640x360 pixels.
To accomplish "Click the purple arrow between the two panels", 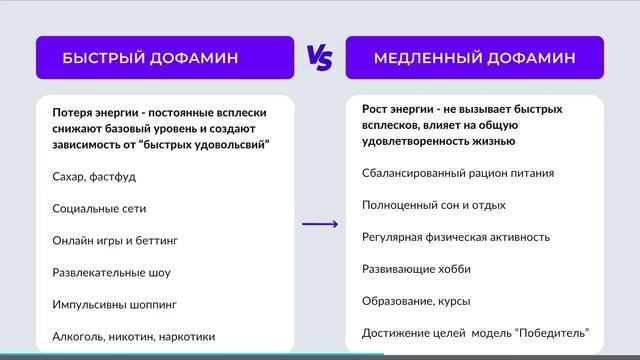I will pyautogui.click(x=320, y=224).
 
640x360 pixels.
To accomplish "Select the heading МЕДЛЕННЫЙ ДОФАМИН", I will pyautogui.click(x=474, y=58).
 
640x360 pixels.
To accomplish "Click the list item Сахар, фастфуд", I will pyautogui.click(x=94, y=176).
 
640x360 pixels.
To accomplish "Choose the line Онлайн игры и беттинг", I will pyautogui.click(x=115, y=240).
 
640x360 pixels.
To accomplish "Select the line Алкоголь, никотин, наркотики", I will pyautogui.click(x=133, y=337).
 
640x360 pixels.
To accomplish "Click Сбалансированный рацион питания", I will pyautogui.click(x=458, y=173).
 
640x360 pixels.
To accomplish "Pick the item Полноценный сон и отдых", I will pyautogui.click(x=434, y=205).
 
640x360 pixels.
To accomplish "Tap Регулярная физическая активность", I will pyautogui.click(x=456, y=237).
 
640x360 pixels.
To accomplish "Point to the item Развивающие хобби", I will pyautogui.click(x=416, y=269).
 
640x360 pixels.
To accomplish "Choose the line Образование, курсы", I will pyautogui.click(x=416, y=301).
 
